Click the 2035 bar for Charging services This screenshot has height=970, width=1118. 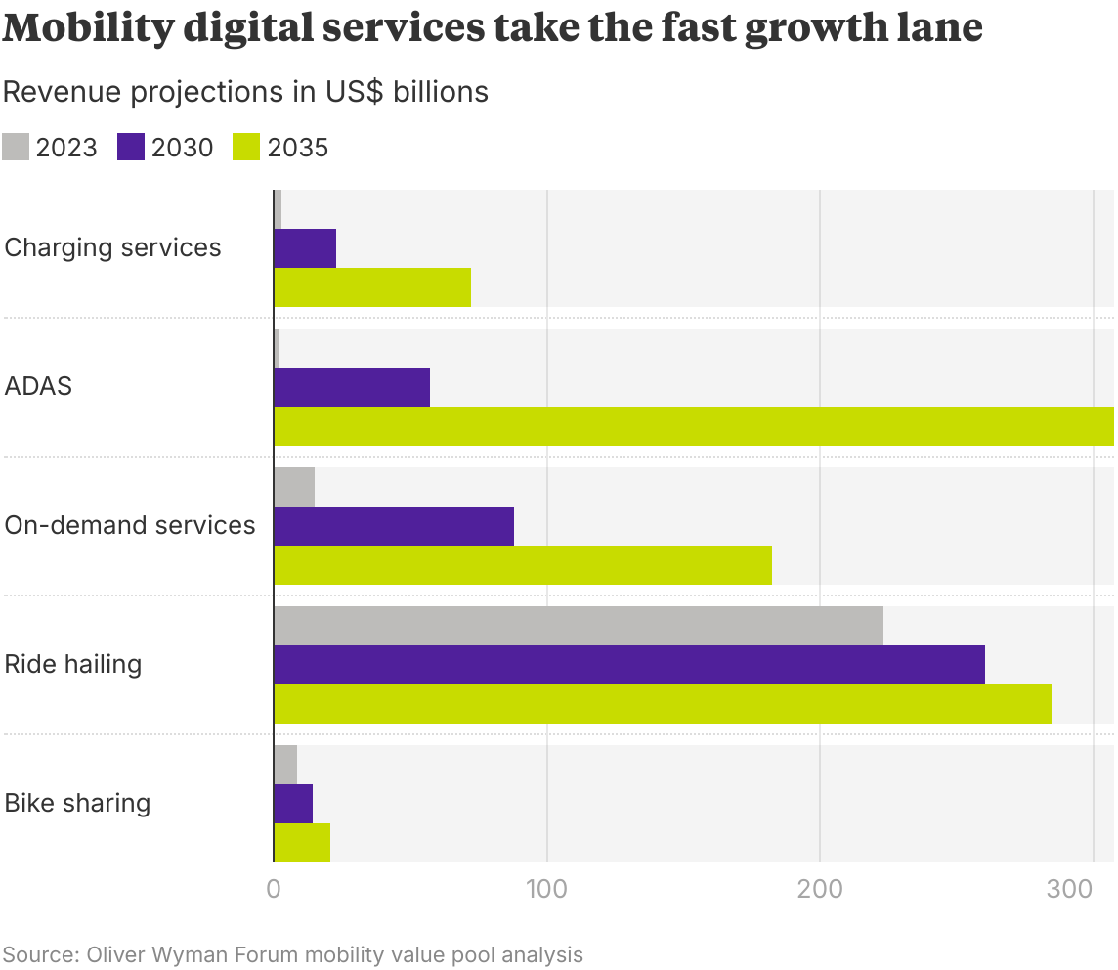tap(372, 287)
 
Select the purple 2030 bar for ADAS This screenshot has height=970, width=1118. tap(352, 387)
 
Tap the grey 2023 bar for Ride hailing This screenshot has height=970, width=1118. tap(579, 626)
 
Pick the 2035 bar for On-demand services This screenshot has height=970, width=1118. tap(523, 565)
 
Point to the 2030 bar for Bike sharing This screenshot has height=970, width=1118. tap(293, 804)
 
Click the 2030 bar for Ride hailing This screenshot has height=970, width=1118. tap(629, 665)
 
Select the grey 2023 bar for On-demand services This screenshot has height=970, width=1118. tap(294, 487)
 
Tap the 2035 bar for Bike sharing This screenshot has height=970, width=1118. tap(302, 843)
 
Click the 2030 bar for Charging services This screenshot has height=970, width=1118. tap(305, 248)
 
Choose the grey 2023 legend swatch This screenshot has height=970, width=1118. tap(16, 147)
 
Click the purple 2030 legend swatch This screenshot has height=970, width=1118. tap(131, 147)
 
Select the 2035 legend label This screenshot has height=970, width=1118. tap(297, 148)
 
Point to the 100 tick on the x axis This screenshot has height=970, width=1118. tap(546, 890)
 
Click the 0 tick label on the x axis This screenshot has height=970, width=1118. tap(274, 890)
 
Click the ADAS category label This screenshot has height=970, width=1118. tap(38, 386)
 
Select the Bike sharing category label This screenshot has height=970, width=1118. tap(77, 803)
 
